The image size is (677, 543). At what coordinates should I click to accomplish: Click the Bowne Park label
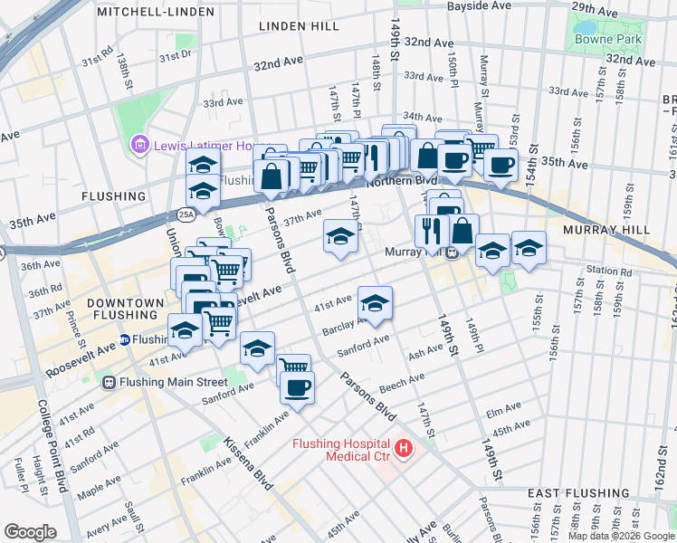607,39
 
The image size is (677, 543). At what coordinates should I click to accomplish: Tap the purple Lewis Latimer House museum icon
139,145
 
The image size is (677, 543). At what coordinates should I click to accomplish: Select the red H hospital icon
402,448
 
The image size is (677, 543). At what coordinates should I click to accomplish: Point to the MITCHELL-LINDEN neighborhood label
156,12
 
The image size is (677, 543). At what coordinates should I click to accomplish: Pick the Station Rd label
607,270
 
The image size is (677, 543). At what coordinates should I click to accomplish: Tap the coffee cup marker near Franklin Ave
296,388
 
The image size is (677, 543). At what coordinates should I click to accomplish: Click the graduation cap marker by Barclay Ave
375,303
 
